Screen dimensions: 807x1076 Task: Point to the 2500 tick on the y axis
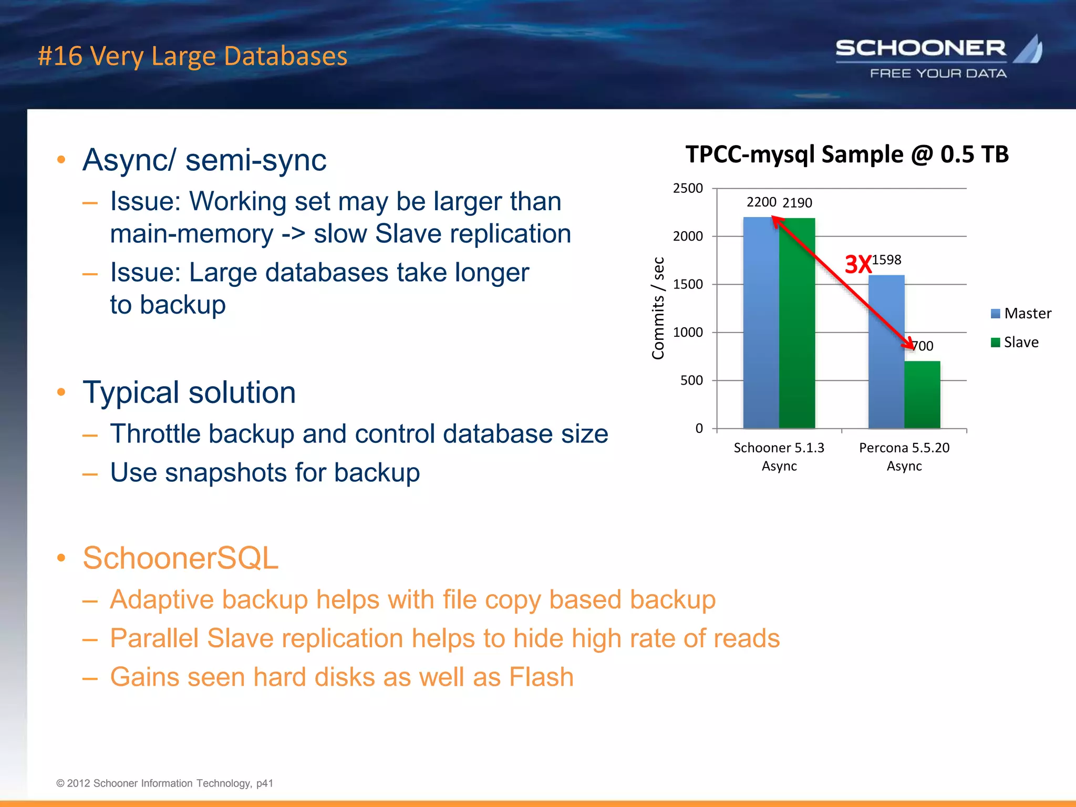click(x=688, y=188)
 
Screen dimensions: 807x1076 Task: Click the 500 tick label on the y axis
click(x=691, y=380)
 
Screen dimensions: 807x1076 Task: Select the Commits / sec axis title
click(x=658, y=308)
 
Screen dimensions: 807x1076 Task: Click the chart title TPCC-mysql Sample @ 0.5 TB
click(x=846, y=154)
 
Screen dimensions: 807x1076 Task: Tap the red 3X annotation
click(x=857, y=264)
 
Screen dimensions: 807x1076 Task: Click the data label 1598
click(x=887, y=260)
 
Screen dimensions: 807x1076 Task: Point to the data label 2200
click(x=761, y=202)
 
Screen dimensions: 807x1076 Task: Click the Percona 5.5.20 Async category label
click(x=904, y=457)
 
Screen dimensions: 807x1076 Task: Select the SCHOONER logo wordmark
click(x=920, y=49)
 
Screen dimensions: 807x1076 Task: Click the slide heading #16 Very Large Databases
click(x=192, y=56)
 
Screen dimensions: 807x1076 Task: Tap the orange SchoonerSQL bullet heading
click(x=180, y=558)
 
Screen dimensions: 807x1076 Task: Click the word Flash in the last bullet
click(x=541, y=677)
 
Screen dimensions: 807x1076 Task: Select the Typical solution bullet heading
click(x=189, y=392)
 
